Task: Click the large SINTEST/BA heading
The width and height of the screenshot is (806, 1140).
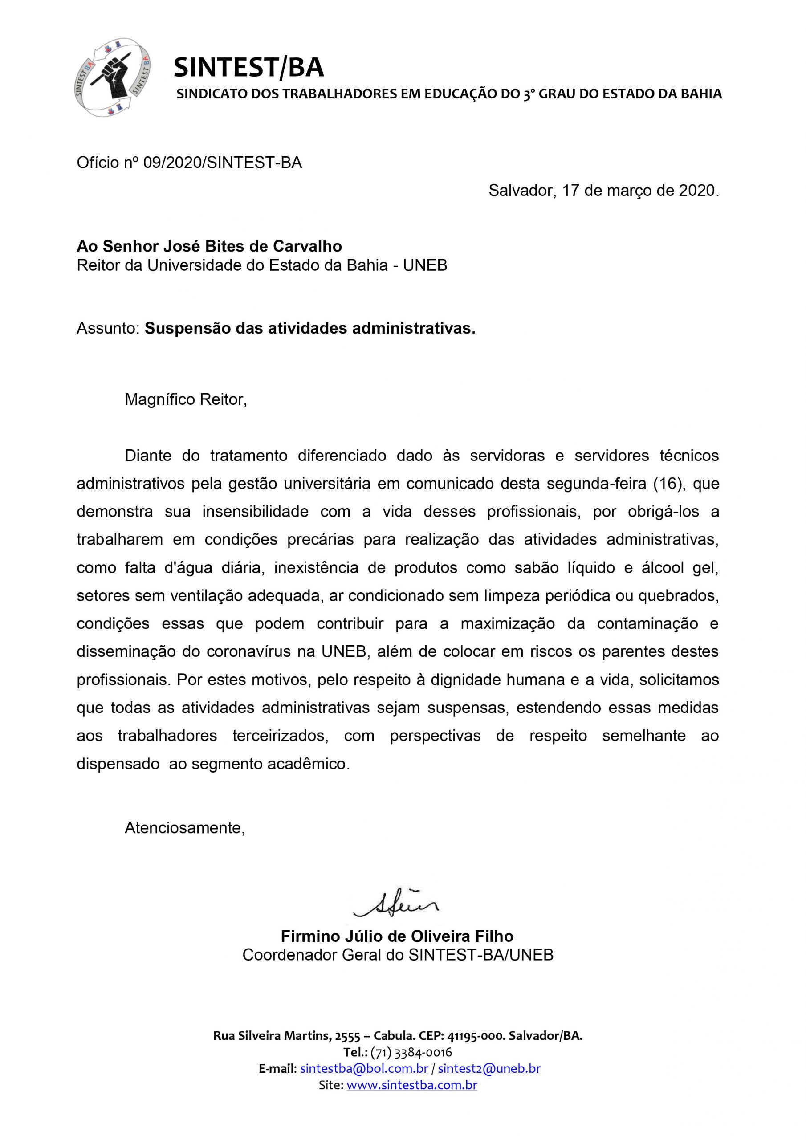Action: pos(248,68)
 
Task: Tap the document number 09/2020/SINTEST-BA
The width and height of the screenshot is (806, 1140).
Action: pos(222,163)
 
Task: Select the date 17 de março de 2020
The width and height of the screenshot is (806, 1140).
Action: pos(641,191)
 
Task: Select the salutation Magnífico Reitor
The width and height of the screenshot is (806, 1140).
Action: pos(186,400)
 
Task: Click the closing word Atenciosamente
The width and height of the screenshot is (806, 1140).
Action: pos(185,828)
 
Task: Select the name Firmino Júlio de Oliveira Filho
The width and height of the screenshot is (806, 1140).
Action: pos(397,936)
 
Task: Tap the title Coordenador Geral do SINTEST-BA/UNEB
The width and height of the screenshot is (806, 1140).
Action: pos(398,955)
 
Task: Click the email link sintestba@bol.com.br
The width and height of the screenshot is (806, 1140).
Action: pos(364,1068)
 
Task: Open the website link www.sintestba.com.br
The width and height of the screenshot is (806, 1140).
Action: pos(412,1085)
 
